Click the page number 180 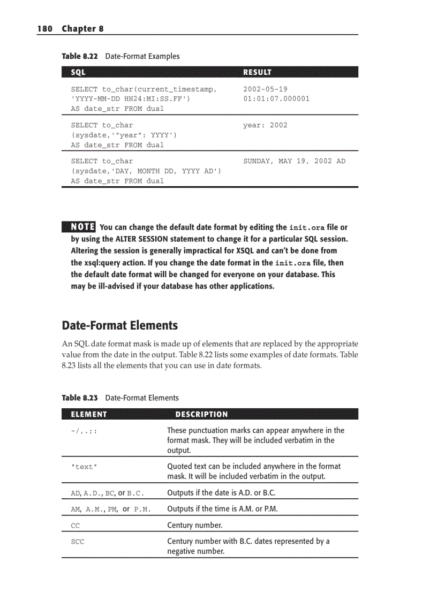pyautogui.click(x=44, y=28)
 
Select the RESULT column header pyautogui.click(x=257, y=72)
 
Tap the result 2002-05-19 pyautogui.click(x=265, y=89)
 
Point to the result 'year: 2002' pyautogui.click(x=265, y=125)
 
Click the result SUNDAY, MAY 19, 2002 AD pyautogui.click(x=294, y=161)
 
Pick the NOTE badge pyautogui.click(x=79, y=227)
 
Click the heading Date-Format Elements pyautogui.click(x=120, y=325)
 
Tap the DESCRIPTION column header pyautogui.click(x=201, y=414)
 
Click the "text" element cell pyautogui.click(x=84, y=467)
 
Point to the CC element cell pyautogui.click(x=75, y=526)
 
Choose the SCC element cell pyautogui.click(x=78, y=542)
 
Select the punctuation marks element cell pyautogui.click(x=84, y=431)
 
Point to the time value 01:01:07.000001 pyautogui.click(x=276, y=98)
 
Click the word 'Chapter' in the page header pyautogui.click(x=79, y=28)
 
